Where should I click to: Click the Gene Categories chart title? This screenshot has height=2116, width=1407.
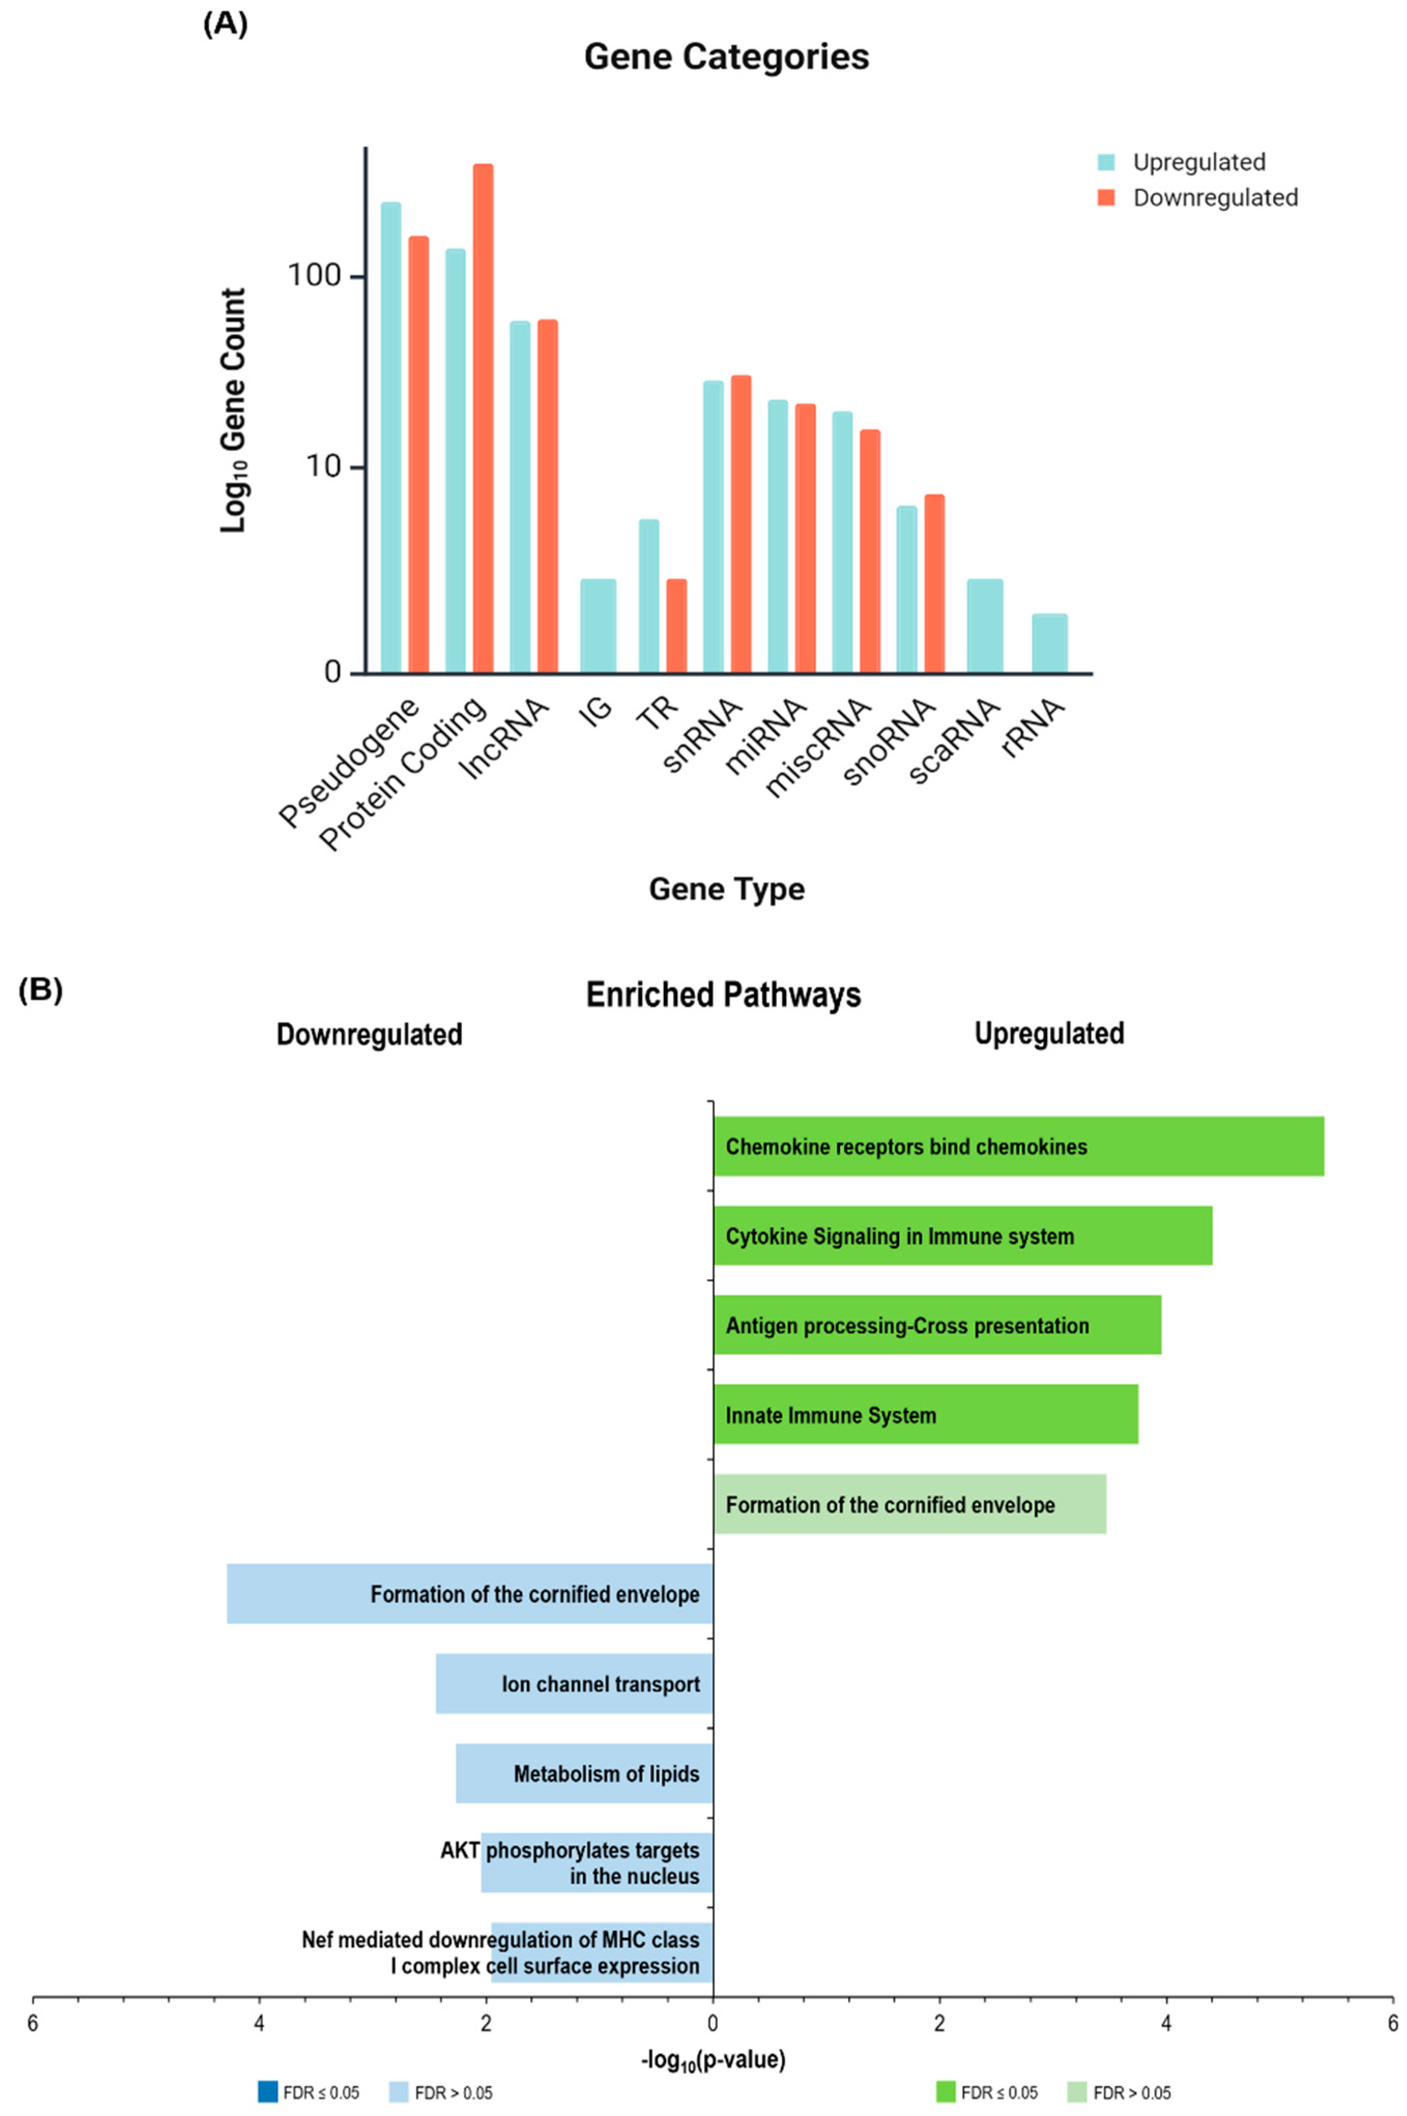click(x=726, y=56)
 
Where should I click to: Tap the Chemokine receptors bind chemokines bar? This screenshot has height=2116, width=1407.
click(x=1019, y=1146)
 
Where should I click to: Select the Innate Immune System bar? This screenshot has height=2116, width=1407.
click(x=925, y=1415)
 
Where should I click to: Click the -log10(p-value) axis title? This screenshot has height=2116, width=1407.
click(x=714, y=2060)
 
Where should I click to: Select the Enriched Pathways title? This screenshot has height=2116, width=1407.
click(x=723, y=995)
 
